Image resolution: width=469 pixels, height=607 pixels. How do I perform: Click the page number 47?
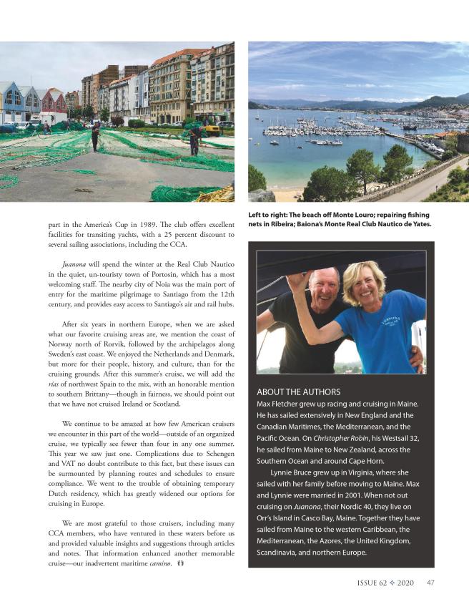[430, 583]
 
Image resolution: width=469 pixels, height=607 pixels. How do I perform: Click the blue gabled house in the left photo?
[11, 102]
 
